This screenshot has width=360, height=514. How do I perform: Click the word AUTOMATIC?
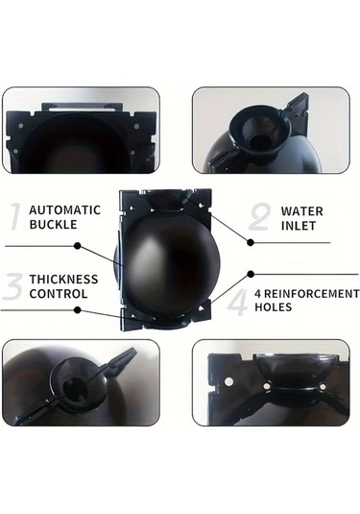click(x=65, y=210)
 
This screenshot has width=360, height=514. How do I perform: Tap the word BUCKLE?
click(x=54, y=225)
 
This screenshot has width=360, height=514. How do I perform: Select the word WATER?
click(x=302, y=211)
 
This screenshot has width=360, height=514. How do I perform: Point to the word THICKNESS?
click(x=64, y=280)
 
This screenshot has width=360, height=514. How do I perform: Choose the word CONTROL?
click(x=59, y=293)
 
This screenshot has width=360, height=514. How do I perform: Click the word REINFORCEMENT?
click(x=311, y=294)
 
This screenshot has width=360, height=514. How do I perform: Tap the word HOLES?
click(x=274, y=307)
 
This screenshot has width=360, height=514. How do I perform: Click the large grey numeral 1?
click(x=14, y=217)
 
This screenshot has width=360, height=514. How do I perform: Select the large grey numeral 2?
click(x=260, y=217)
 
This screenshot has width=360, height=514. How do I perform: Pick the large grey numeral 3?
click(x=12, y=286)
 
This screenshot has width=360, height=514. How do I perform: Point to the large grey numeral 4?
click(x=238, y=302)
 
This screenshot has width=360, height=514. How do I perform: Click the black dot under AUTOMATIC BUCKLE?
click(x=78, y=246)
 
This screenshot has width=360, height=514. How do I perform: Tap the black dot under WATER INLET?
click(x=251, y=242)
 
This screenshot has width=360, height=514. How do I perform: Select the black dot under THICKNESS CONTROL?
click(x=78, y=309)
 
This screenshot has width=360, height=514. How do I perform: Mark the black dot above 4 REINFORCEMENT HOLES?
click(x=251, y=274)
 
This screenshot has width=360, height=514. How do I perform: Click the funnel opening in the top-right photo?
click(x=260, y=141)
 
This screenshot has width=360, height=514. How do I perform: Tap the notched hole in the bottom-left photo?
click(x=75, y=387)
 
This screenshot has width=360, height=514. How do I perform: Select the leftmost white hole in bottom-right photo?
click(x=229, y=381)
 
